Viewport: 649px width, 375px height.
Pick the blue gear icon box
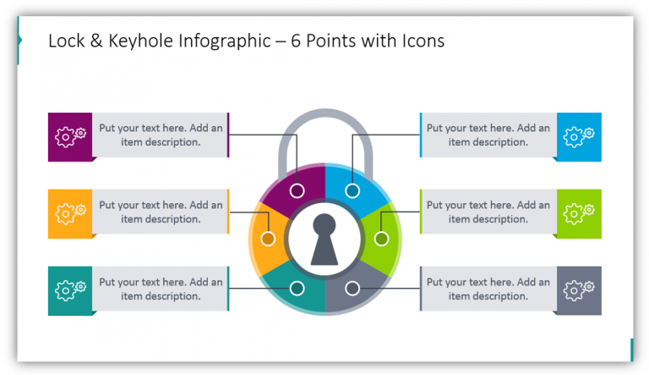point(579,136)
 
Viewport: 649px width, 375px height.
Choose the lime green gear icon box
point(579,213)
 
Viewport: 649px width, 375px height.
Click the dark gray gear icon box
point(579,290)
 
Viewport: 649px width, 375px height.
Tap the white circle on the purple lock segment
point(297,190)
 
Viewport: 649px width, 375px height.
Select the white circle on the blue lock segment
point(352,190)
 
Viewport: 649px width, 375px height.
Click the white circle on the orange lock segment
point(268,240)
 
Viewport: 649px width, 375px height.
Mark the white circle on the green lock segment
point(380,240)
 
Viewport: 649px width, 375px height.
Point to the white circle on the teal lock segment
point(297,289)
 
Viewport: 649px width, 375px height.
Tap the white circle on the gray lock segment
point(352,289)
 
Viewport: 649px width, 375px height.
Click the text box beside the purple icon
point(160,135)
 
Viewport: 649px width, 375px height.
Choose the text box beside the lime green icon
point(488,212)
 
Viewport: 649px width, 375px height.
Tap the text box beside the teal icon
point(160,290)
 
